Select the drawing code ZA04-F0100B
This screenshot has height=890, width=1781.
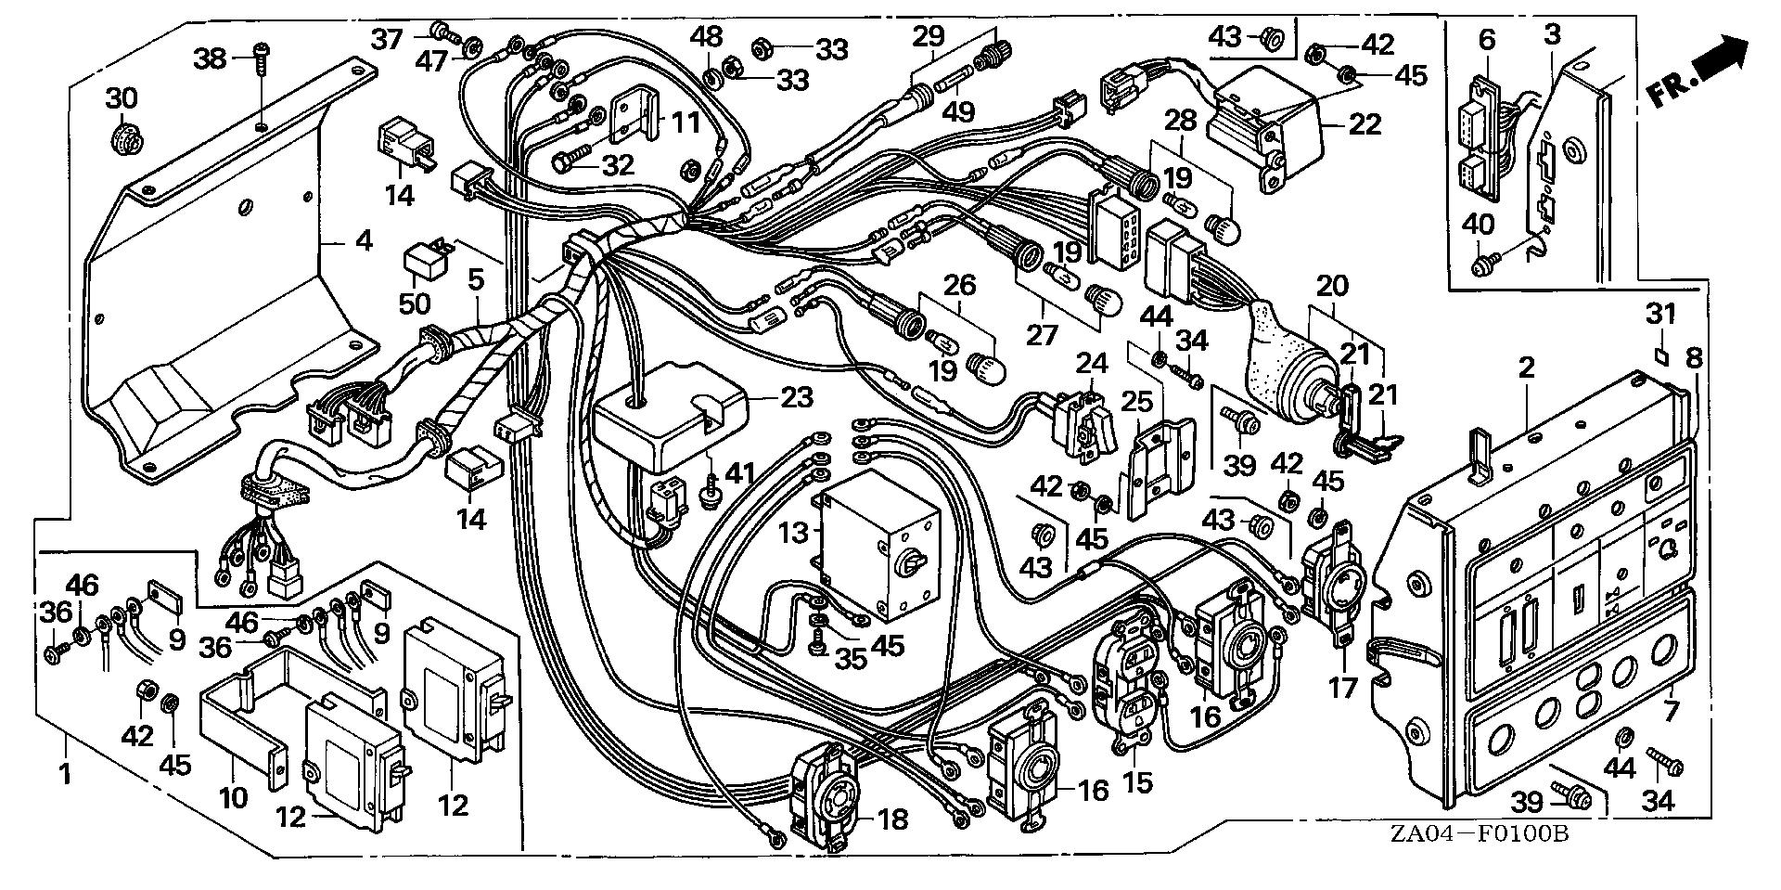1479,859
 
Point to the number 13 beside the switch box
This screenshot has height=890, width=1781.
794,533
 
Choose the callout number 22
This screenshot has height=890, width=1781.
1365,123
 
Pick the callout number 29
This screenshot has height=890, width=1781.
928,37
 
